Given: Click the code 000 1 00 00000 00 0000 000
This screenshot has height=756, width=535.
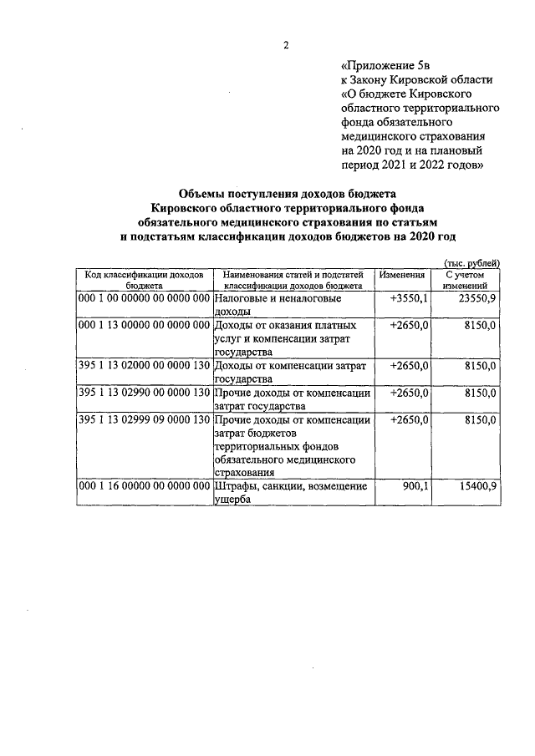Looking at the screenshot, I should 142,297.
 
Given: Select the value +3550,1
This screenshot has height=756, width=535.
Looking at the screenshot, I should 410,297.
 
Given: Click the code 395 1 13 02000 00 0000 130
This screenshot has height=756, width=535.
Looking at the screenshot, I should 142,366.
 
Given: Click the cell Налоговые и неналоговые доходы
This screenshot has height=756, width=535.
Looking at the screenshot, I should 276,304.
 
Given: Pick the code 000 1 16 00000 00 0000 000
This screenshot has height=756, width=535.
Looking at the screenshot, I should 142,486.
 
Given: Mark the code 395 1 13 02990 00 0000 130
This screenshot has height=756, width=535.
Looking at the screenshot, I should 142,393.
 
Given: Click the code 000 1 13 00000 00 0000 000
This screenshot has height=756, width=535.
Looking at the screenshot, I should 142,325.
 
